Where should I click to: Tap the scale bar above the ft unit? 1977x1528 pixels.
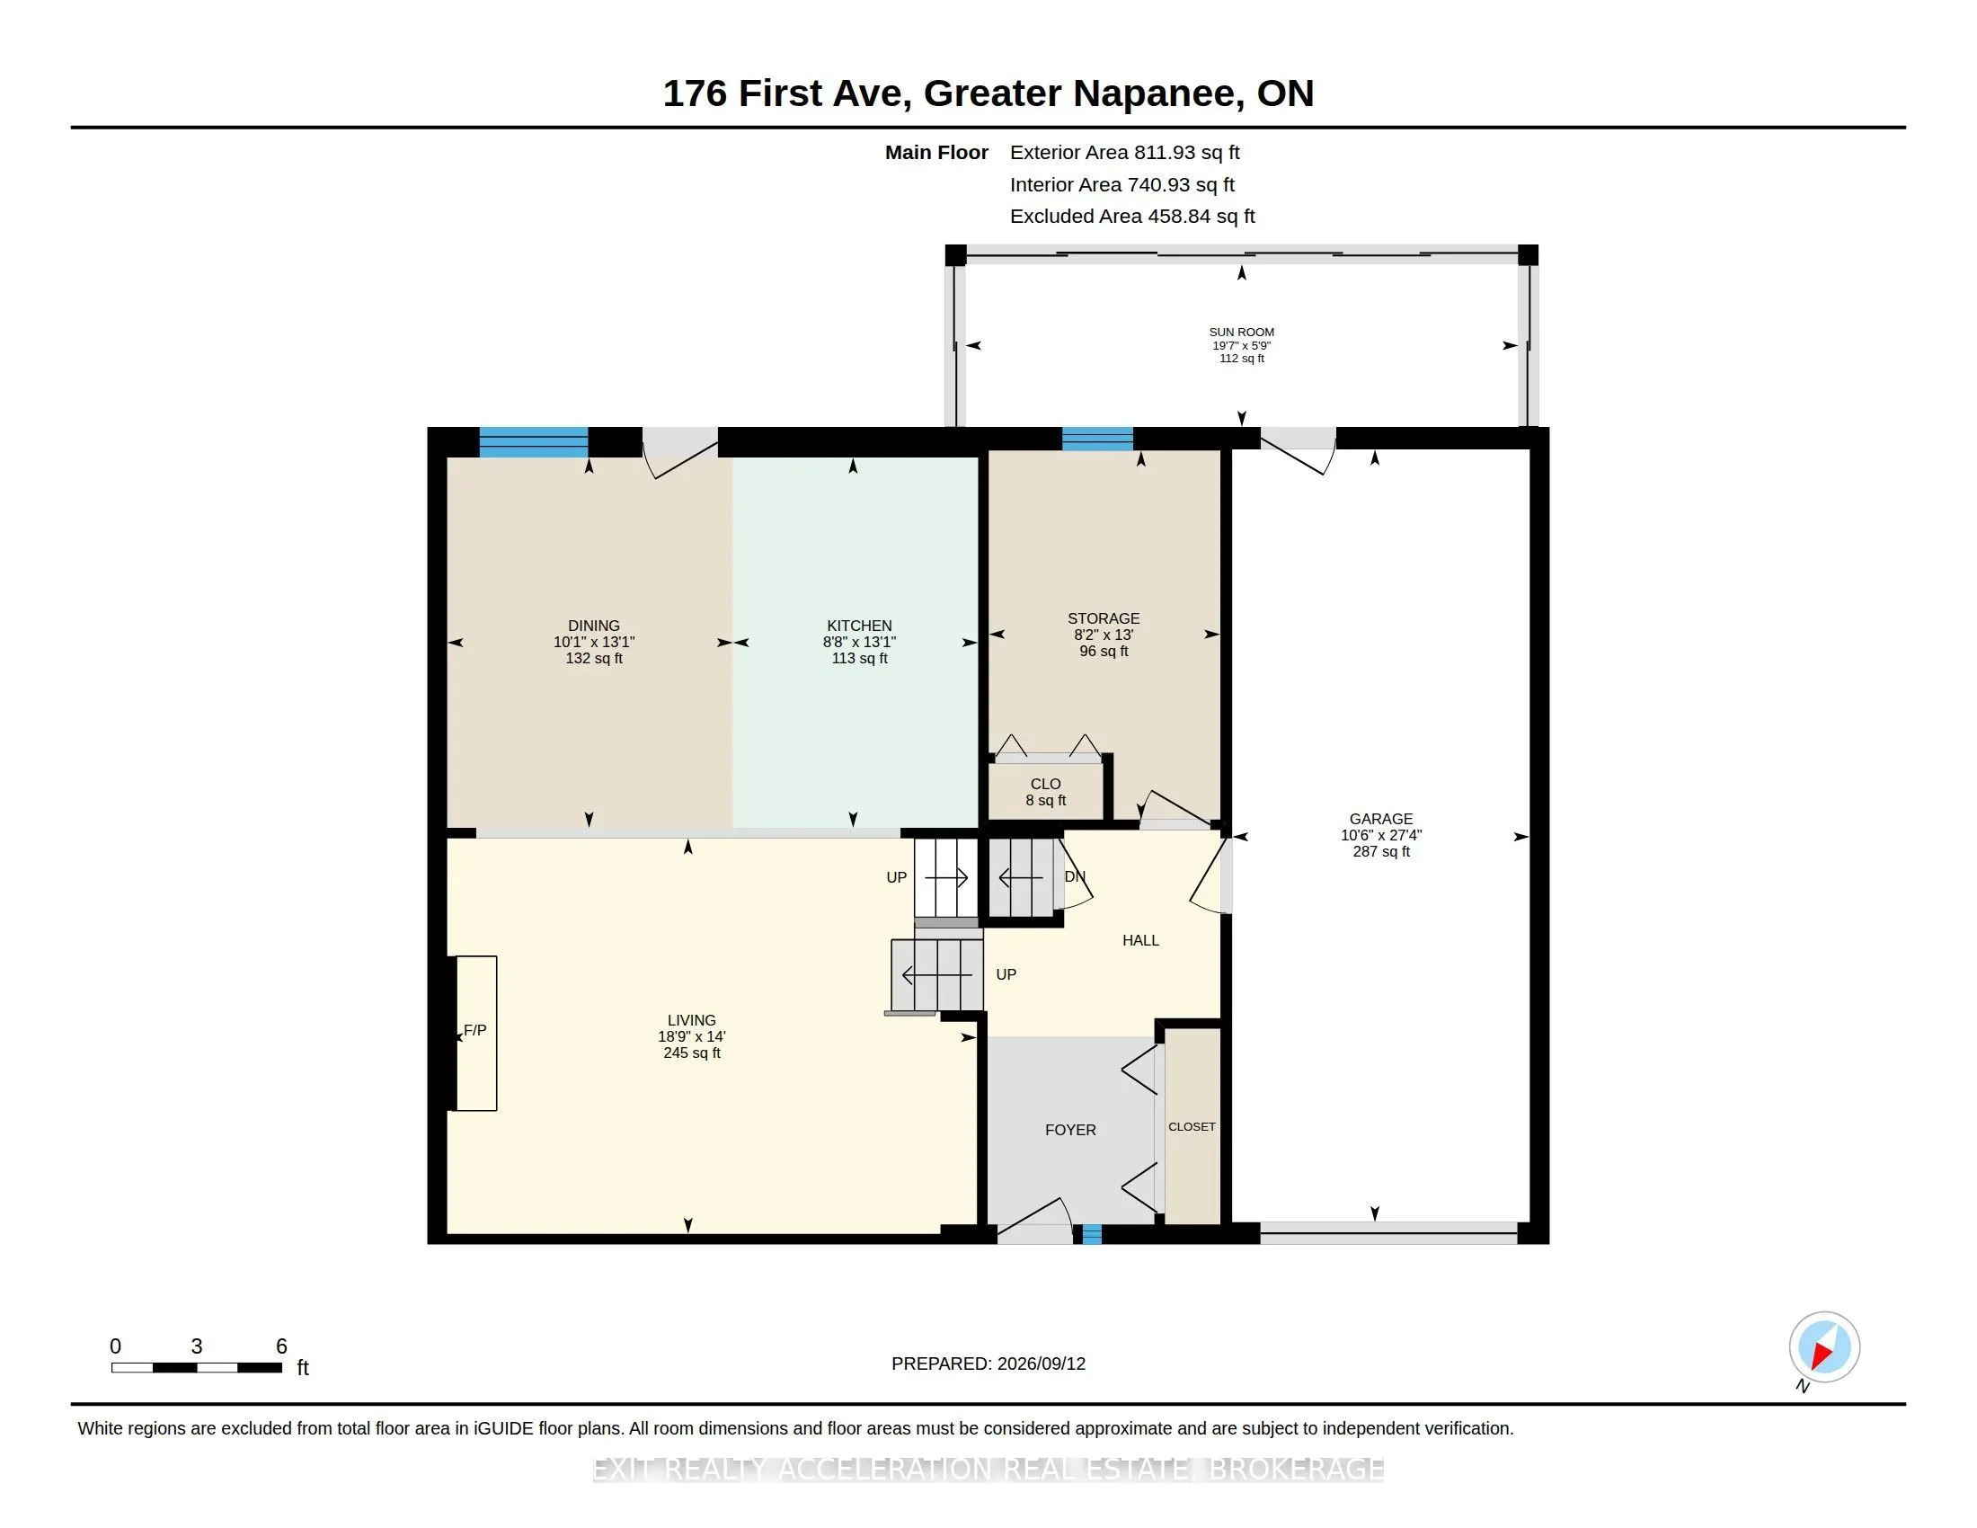click(197, 1367)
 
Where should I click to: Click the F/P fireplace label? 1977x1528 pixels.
click(475, 1030)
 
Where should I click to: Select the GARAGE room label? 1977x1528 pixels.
click(1381, 818)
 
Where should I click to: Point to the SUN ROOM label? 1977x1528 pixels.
click(1242, 333)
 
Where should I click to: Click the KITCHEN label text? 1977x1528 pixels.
click(859, 626)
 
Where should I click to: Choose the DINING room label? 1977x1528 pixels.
click(594, 626)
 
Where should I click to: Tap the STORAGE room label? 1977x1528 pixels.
click(1104, 618)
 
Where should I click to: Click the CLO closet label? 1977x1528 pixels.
click(1045, 784)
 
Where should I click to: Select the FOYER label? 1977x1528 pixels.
click(1071, 1130)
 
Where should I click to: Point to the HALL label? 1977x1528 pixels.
click(1140, 940)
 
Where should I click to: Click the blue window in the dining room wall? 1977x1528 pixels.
click(533, 441)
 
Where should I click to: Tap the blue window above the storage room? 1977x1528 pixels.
click(1097, 438)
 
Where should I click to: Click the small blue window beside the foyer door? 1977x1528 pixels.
click(1093, 1234)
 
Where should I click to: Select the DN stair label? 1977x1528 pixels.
click(1075, 876)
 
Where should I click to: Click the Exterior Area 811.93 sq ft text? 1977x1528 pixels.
click(1125, 152)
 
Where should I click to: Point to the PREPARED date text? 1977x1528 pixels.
click(988, 1364)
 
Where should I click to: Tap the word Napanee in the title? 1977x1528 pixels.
click(1155, 94)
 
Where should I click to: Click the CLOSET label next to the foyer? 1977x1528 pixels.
click(1192, 1127)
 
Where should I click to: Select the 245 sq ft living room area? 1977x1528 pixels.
click(692, 1053)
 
